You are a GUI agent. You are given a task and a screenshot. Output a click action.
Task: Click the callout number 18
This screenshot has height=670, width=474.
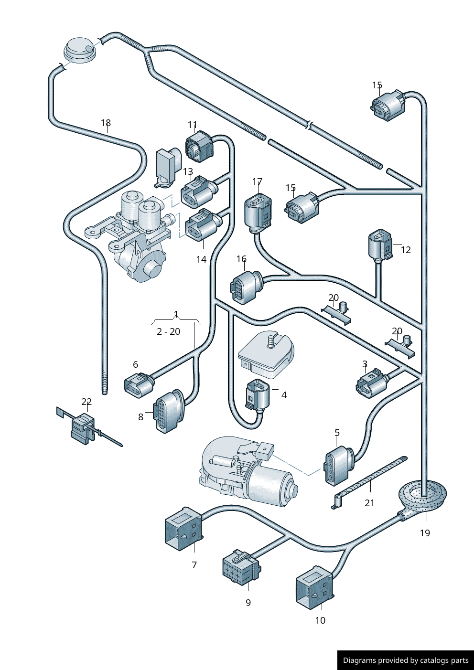tap(106, 123)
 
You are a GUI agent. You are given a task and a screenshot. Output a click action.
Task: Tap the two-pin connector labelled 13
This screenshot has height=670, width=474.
tap(197, 192)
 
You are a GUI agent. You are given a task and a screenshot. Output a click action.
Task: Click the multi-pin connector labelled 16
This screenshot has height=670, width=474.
tap(245, 287)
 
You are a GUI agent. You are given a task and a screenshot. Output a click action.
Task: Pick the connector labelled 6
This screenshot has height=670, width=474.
tap(139, 385)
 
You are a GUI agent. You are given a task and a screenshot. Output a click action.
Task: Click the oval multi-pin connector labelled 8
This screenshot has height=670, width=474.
tap(168, 411)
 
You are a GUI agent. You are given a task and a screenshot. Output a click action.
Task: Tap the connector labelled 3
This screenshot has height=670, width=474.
tap(371, 383)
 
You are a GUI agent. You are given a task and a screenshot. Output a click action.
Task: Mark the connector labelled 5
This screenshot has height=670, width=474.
tap(338, 464)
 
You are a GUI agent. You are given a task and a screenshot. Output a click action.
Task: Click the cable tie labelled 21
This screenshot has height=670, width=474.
tap(370, 480)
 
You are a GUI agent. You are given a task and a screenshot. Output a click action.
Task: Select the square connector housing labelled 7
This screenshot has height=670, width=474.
tap(183, 529)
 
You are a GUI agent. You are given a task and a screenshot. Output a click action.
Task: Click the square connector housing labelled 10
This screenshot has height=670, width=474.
tap(313, 587)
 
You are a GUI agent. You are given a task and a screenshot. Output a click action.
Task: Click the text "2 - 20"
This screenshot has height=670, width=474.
tap(168, 331)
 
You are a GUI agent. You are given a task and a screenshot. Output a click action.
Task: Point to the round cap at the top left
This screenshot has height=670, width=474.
tap(79, 49)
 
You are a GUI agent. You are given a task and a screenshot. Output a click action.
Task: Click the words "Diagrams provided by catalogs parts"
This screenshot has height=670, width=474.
tap(406, 660)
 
